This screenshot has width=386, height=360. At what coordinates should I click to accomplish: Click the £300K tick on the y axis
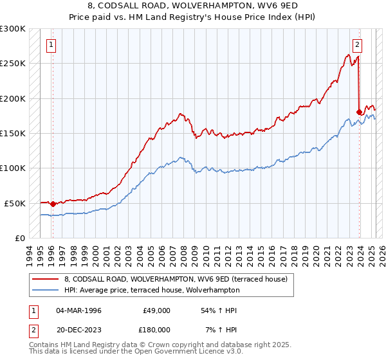coord(13,29)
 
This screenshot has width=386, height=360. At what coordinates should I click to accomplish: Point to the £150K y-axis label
coord(13,134)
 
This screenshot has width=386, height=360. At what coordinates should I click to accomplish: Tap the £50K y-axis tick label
coord(15,203)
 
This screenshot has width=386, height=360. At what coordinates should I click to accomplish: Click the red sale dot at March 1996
coord(53,204)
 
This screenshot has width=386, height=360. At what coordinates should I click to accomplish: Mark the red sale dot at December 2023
coord(359,113)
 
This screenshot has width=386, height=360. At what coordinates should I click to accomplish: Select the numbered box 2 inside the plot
coord(357,45)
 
